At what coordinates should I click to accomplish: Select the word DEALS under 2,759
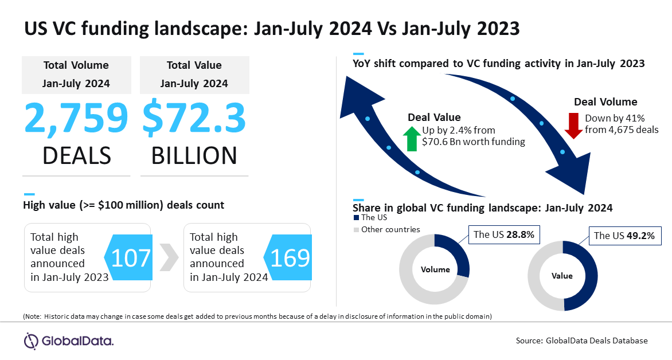[76, 155]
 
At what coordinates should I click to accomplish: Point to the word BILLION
[194, 155]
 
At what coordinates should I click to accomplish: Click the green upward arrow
[411, 139]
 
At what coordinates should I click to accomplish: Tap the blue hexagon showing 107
[129, 259]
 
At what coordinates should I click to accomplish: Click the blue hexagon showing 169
[289, 259]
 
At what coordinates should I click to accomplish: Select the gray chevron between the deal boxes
[167, 258]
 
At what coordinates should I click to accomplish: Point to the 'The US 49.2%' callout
[624, 235]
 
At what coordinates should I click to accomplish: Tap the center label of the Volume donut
[435, 269]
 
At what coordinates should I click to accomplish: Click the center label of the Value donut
[562, 276]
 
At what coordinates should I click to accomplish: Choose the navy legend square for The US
[356, 218]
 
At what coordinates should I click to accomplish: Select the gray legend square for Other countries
[356, 230]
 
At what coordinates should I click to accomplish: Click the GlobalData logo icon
[32, 341]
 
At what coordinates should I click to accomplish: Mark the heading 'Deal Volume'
[605, 102]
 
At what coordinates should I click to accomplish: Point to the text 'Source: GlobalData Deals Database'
[581, 341]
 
